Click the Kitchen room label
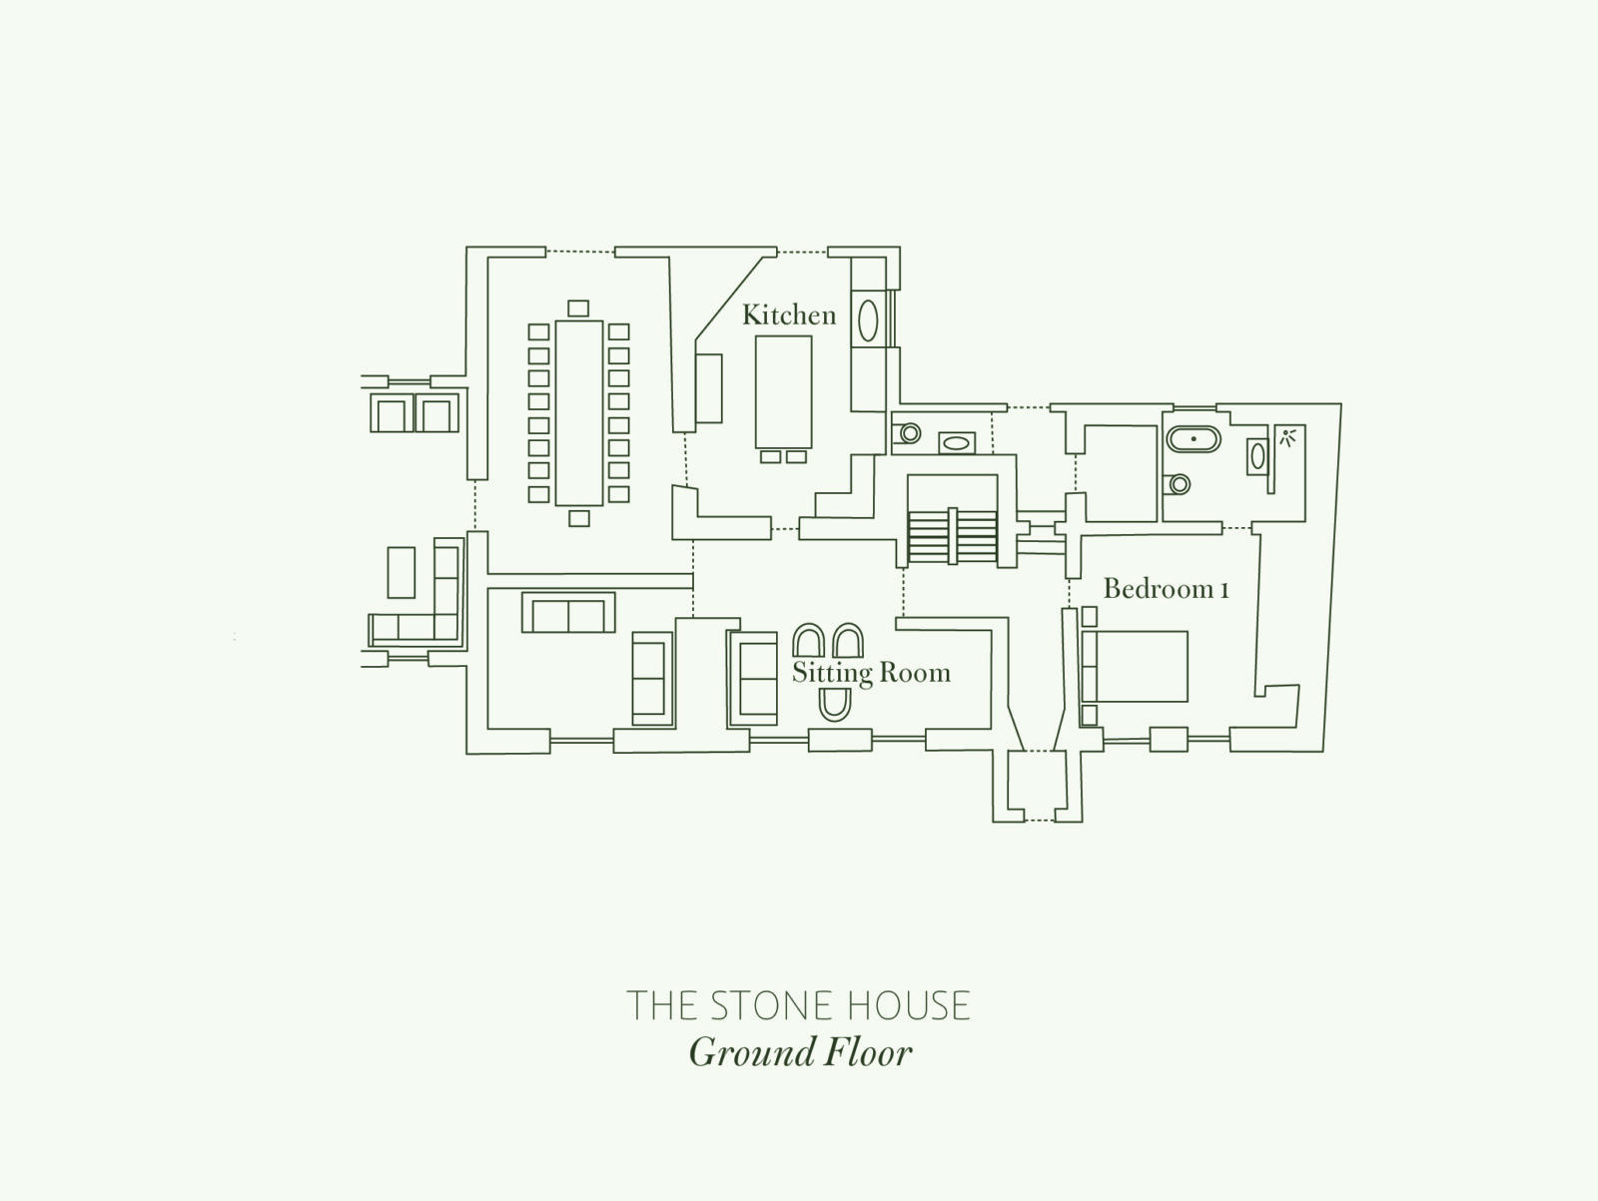789,315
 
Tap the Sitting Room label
872,673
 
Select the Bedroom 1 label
1167,588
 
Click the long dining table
579,412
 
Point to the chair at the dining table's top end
578,308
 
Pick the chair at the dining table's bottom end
579,518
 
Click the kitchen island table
783,392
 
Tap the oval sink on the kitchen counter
868,320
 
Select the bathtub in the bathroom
1194,439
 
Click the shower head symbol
1287,437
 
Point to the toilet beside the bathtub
1178,484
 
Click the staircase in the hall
952,536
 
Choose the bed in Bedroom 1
1135,666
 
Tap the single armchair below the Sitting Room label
835,704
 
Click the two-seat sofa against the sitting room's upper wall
568,613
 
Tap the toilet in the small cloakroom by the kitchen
907,433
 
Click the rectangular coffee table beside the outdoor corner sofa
401,572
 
